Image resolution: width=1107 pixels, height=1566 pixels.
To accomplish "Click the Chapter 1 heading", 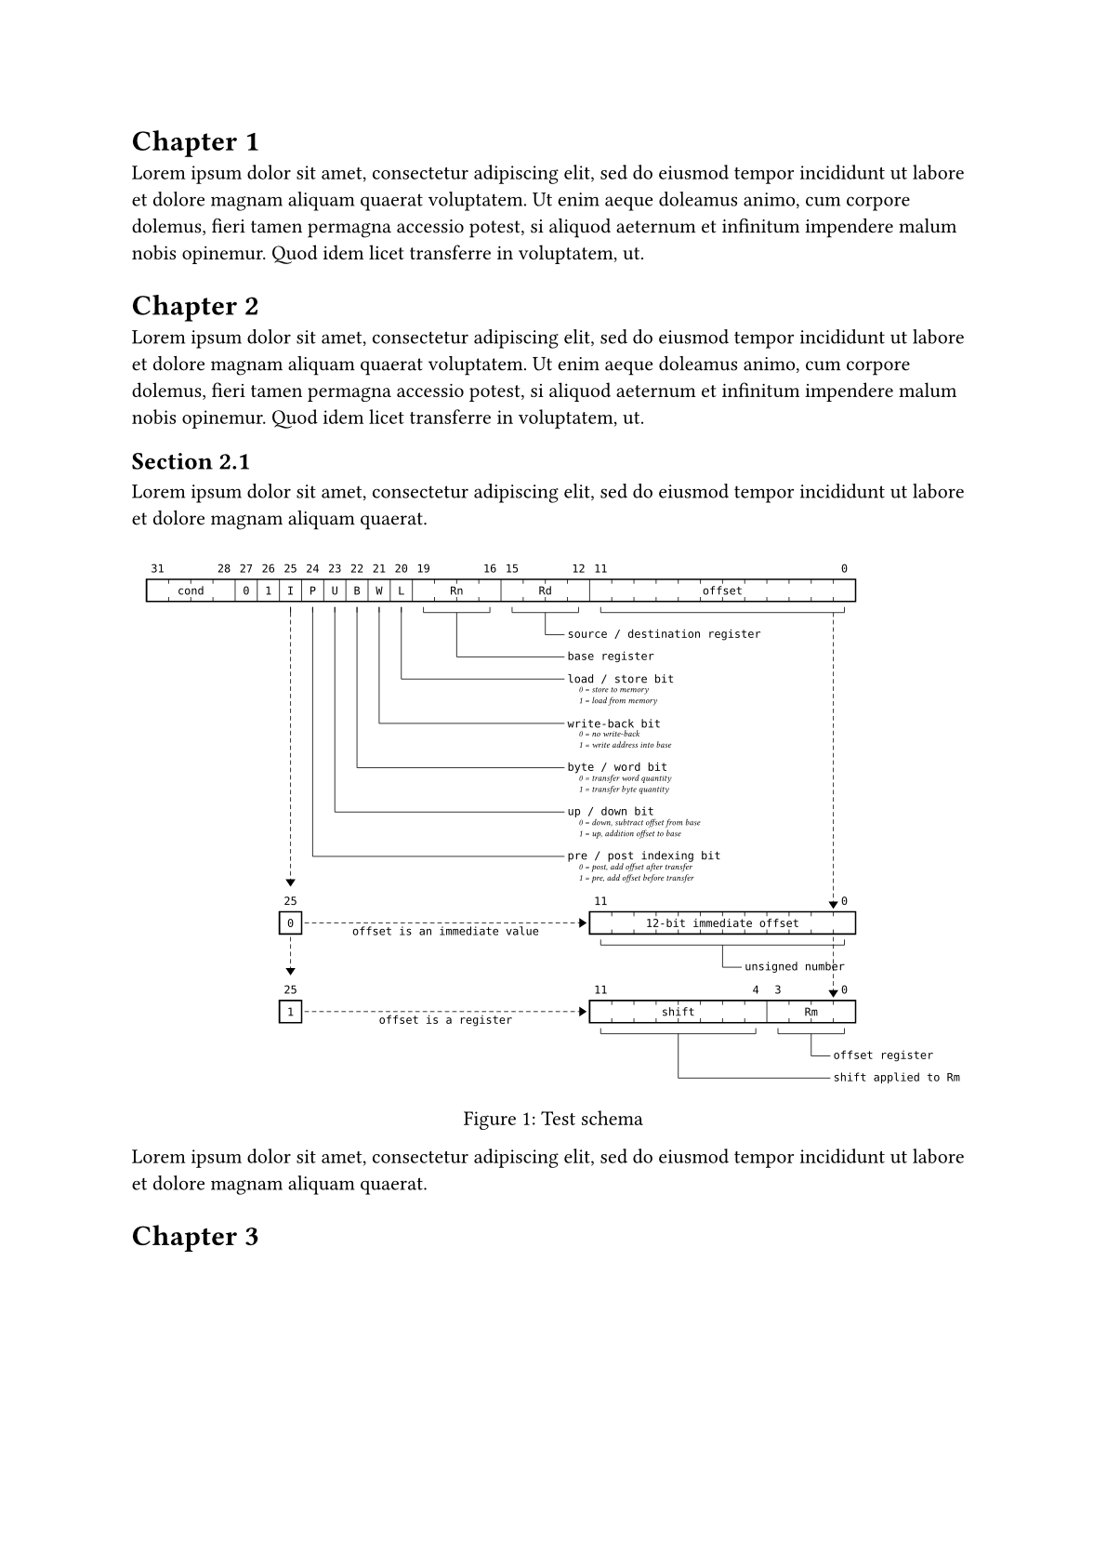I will point(195,141).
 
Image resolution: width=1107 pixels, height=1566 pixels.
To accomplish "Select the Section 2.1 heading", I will point(191,461).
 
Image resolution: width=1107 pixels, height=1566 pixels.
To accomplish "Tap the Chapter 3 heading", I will point(195,1236).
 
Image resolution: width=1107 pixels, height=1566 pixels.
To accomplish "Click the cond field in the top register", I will point(191,591).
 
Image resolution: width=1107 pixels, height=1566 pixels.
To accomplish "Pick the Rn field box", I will point(456,591).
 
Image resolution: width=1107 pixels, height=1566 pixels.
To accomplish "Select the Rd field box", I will point(545,591).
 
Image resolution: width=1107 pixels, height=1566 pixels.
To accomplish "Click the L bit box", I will point(402,591).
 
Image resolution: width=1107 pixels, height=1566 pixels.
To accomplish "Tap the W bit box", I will point(379,591).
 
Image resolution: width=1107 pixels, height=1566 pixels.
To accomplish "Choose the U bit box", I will point(335,591).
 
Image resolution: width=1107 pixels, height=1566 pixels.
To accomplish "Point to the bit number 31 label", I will point(157,568).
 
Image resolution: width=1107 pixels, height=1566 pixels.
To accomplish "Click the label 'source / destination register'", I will point(664,634).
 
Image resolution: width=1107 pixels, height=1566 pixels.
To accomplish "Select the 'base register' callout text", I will point(611,657).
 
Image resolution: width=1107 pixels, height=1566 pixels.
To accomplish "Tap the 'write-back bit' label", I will point(613,723).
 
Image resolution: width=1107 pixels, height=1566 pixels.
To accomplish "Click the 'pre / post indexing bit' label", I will point(644,856).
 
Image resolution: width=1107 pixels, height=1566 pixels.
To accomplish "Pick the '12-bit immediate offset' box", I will point(722,923).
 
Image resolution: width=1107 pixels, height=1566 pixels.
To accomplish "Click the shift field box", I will point(678,1012).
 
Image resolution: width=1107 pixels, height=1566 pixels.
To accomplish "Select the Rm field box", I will point(810,1012).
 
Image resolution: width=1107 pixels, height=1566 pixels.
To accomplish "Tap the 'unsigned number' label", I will point(794,967).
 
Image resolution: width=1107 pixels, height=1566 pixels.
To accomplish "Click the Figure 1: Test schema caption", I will point(553,1119).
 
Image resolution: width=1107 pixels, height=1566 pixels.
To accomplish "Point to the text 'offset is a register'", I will point(445,1020).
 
